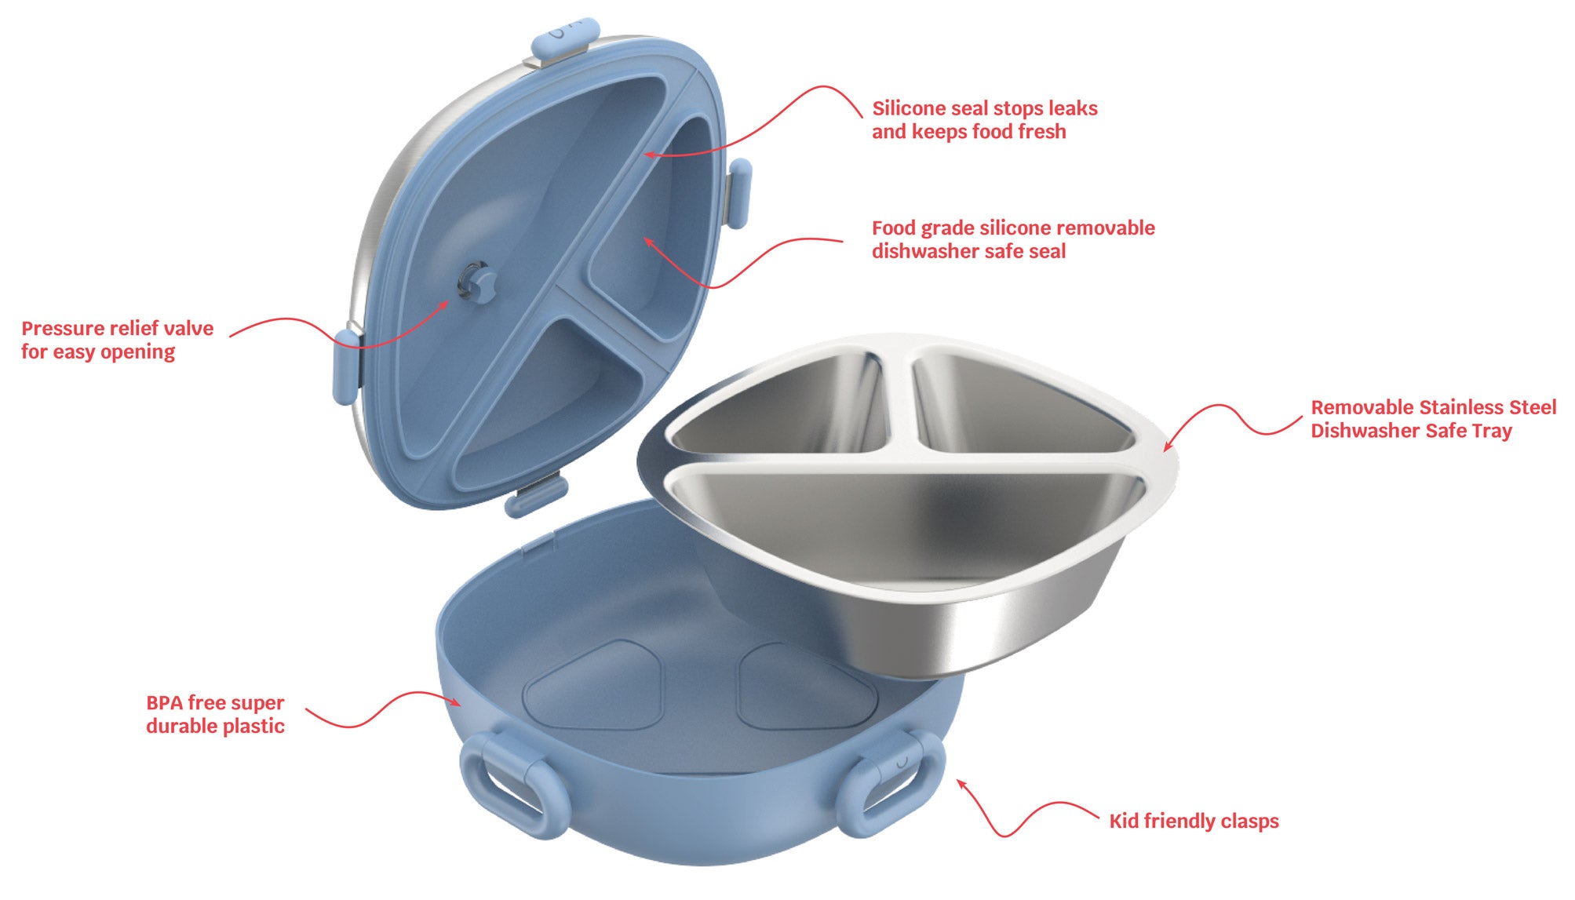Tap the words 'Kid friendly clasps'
coord(1194,822)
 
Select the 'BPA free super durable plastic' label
coord(215,714)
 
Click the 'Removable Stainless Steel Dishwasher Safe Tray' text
coord(1433,419)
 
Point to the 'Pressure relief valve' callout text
coord(118,328)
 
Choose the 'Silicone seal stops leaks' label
coord(985,108)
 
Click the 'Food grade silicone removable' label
coord(1013,228)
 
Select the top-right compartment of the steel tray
coord(1020,408)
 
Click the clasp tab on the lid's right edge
coord(739,192)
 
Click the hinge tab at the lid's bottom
coord(537,496)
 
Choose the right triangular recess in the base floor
coord(804,687)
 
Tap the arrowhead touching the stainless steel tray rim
coord(1168,445)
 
